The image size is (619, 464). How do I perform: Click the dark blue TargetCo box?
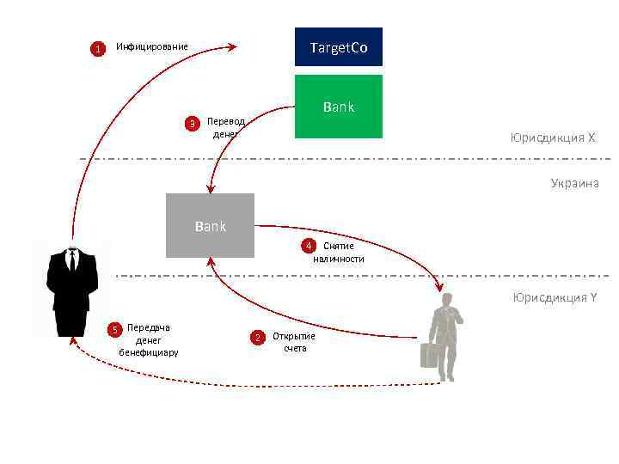(338, 47)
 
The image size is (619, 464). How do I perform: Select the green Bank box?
(338, 107)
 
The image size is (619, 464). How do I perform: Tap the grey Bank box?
(210, 225)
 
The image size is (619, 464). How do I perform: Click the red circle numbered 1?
(98, 49)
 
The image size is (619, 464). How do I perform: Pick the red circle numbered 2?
(256, 337)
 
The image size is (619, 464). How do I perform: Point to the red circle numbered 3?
(193, 123)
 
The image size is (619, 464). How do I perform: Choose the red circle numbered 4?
(309, 247)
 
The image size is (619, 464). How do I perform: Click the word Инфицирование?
(152, 46)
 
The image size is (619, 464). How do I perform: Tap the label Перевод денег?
(225, 128)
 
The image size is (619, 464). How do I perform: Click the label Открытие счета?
(294, 342)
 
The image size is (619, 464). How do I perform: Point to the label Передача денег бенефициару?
(149, 339)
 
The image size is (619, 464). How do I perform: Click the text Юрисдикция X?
(553, 137)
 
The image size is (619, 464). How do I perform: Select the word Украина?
(574, 183)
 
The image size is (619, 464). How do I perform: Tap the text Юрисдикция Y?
(555, 297)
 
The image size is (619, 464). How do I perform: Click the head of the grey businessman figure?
(447, 299)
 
